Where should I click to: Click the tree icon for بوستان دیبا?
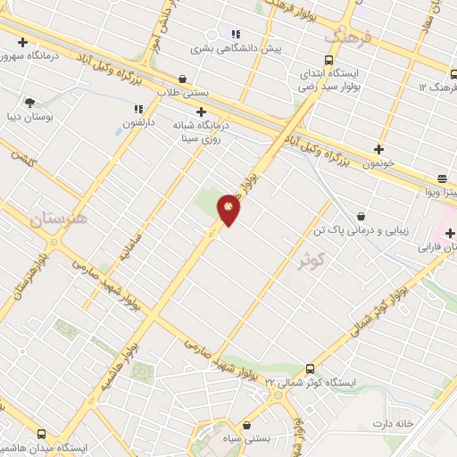30,103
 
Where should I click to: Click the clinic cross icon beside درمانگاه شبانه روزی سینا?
202,112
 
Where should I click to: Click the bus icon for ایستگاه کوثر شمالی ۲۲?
310,369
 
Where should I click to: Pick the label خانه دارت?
395,423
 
